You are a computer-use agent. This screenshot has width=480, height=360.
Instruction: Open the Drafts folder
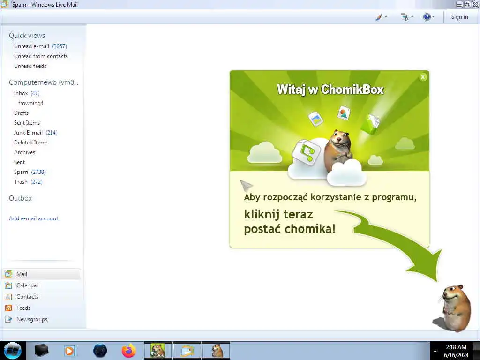(x=21, y=112)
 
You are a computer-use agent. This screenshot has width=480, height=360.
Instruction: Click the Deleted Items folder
(x=31, y=142)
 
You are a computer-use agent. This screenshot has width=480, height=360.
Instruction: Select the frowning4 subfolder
(x=30, y=103)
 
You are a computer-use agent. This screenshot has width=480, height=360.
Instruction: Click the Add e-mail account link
(x=34, y=218)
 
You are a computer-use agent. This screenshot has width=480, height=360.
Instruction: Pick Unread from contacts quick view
(x=41, y=56)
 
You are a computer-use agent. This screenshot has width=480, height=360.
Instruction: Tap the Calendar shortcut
(x=27, y=285)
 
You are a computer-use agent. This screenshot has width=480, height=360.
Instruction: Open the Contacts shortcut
(x=27, y=297)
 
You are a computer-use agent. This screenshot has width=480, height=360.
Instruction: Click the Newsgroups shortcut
(x=32, y=319)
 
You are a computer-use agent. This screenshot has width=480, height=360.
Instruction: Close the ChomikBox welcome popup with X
(x=423, y=77)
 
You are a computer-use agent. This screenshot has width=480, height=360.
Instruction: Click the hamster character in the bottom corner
(x=453, y=308)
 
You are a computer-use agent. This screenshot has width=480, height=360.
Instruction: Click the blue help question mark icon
(x=427, y=17)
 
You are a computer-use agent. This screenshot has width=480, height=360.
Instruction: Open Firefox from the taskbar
(x=129, y=351)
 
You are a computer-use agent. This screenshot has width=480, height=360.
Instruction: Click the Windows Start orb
(x=13, y=351)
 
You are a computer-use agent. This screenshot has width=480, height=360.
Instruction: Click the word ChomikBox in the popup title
(x=352, y=90)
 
